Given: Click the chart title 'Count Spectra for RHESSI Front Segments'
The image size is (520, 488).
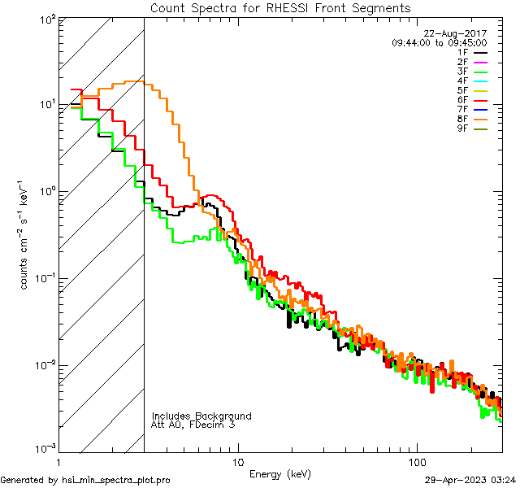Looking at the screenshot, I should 280,7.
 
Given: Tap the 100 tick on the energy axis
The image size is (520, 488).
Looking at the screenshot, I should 417,461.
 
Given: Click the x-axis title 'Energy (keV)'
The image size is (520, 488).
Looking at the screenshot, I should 280,473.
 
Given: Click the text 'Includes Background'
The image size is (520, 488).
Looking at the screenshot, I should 201,416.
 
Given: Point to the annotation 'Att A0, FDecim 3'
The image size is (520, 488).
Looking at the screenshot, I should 193,425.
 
